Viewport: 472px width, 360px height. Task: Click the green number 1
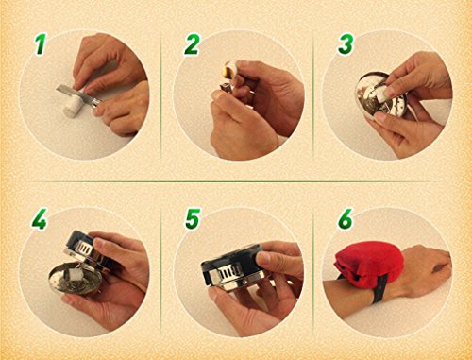click(x=40, y=44)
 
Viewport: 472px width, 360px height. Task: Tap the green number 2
click(x=192, y=44)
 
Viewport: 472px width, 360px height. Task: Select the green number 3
click(x=346, y=44)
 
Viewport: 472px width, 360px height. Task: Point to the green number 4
click(x=39, y=218)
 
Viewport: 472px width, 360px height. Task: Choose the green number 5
click(x=193, y=218)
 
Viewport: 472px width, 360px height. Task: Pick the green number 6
click(x=346, y=218)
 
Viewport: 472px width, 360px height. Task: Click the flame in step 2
click(x=227, y=68)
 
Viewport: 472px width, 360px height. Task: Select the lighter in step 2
click(x=225, y=88)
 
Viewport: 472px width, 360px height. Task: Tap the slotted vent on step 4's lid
click(x=85, y=249)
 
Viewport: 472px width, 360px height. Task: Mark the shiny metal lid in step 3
click(x=376, y=94)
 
